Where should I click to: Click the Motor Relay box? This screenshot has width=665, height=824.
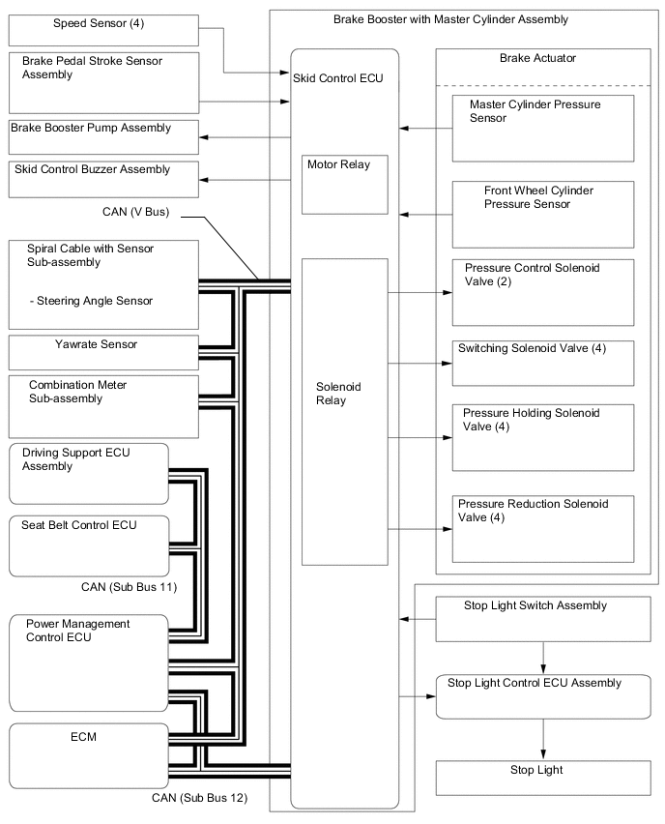(x=345, y=184)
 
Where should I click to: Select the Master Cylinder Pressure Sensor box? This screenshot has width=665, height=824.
(x=544, y=128)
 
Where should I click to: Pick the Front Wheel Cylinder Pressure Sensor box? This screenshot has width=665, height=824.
(x=544, y=214)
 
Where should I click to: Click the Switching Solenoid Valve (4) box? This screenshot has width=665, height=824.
(x=544, y=363)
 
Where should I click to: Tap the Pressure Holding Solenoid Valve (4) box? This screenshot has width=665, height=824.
(x=544, y=437)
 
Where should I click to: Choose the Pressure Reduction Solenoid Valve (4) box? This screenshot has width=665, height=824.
(x=544, y=528)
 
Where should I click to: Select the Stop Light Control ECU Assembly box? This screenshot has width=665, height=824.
(x=544, y=696)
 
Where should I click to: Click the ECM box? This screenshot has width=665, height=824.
(x=102, y=750)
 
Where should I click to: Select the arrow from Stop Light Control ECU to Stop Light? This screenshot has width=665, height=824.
(x=544, y=739)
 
